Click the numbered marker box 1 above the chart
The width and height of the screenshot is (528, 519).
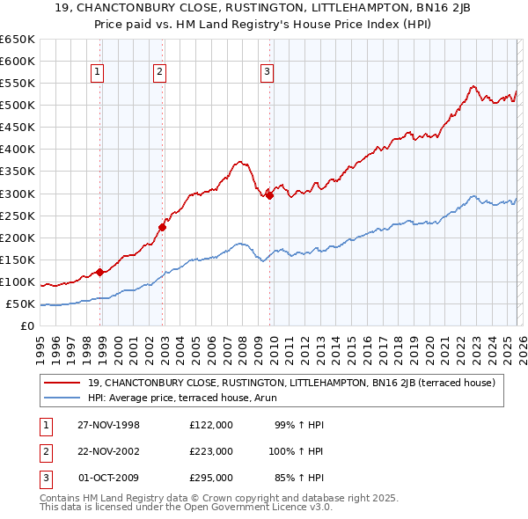[97, 73]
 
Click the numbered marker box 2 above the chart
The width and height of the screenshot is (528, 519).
[159, 73]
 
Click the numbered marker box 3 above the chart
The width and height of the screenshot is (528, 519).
[267, 73]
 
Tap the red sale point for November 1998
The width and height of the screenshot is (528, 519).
[100, 272]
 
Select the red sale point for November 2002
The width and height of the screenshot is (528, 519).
[163, 227]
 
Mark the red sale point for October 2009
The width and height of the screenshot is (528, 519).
[269, 195]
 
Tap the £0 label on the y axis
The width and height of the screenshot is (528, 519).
[26, 326]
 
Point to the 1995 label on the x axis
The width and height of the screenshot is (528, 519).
[40, 347]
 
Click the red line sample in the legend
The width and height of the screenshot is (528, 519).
[62, 383]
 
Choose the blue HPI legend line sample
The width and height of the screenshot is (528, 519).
[62, 398]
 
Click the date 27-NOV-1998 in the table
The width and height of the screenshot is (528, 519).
[108, 425]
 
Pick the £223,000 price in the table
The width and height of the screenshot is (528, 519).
[211, 451]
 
